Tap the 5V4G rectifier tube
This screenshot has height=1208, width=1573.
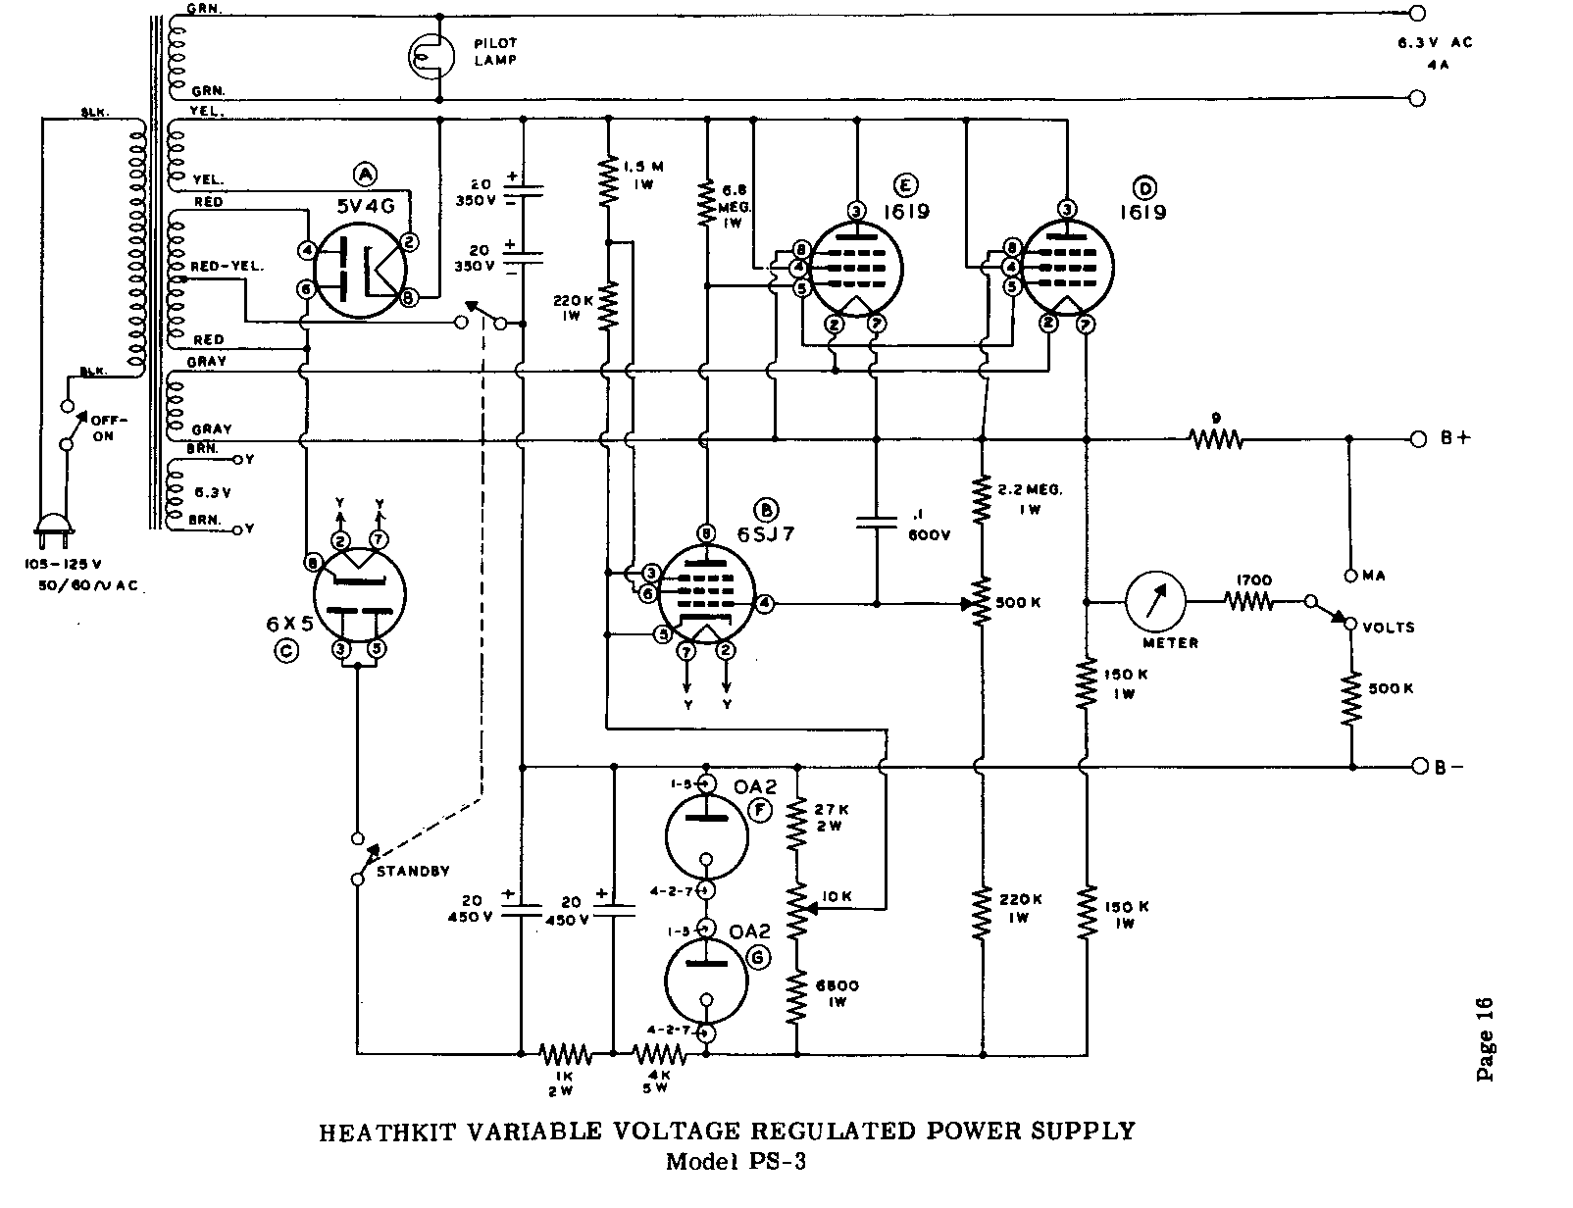355,266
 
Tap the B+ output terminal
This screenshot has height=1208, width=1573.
1418,439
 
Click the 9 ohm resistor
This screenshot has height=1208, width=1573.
1216,439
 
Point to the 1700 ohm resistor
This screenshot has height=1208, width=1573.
1247,601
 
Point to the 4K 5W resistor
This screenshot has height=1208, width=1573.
659,1055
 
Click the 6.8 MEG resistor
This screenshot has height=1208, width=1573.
705,204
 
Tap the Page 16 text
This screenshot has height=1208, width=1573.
1485,1038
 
